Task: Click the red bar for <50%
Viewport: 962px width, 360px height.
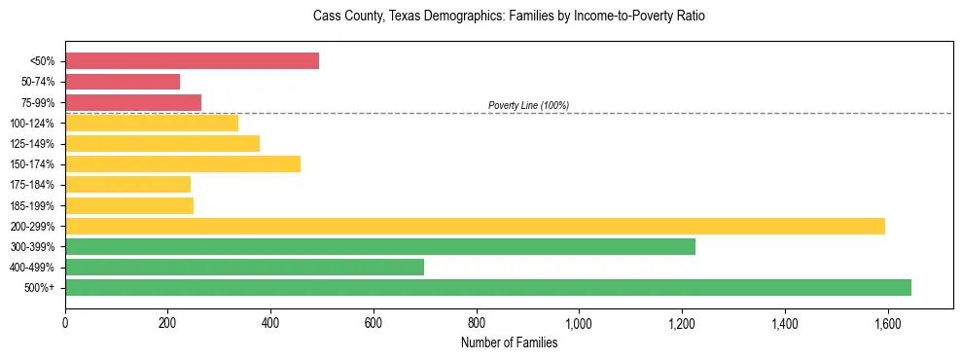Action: click(x=192, y=61)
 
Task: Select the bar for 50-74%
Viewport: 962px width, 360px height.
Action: click(x=123, y=82)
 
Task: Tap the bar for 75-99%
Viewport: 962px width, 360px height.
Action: click(x=133, y=102)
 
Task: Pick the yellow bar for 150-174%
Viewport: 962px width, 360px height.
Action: click(x=183, y=163)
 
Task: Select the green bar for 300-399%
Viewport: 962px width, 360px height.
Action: click(x=380, y=246)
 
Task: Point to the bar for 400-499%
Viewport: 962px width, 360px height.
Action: click(x=244, y=267)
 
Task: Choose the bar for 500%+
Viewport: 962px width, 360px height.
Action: click(x=488, y=287)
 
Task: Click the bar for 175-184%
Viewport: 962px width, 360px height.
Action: click(x=127, y=184)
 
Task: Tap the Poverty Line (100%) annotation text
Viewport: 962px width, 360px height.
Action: click(x=528, y=105)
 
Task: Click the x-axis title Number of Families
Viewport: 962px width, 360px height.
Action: click(x=509, y=342)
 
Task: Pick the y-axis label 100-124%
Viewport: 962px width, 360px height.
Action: click(x=32, y=124)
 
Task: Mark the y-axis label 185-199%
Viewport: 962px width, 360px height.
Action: click(x=32, y=205)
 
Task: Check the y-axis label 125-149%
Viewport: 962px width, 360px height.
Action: click(x=32, y=144)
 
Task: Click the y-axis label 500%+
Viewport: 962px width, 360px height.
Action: click(x=39, y=288)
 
